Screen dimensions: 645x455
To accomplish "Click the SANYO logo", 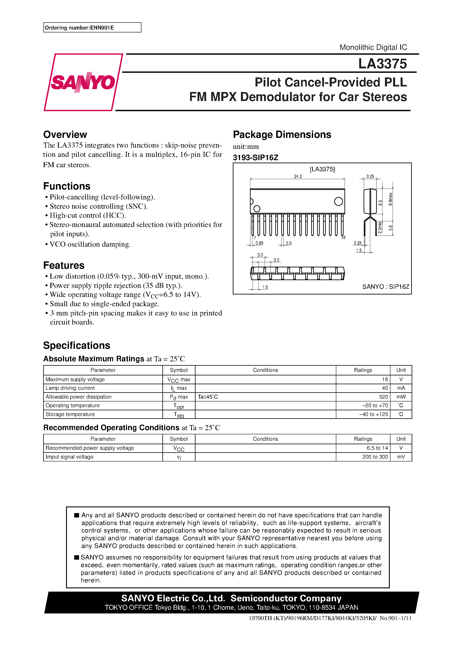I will pyautogui.click(x=83, y=82).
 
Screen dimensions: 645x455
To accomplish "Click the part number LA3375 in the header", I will pyautogui.click(x=382, y=64).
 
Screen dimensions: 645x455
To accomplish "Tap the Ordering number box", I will pyautogui.click(x=92, y=28).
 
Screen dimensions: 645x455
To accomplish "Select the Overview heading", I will pyautogui.click(x=65, y=135).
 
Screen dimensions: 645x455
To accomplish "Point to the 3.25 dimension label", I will pyautogui.click(x=370, y=176).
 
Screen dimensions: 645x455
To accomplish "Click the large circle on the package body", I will pyautogui.click(x=338, y=201).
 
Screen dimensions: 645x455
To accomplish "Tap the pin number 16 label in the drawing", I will pyautogui.click(x=343, y=238).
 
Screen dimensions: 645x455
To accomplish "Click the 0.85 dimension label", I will pyautogui.click(x=259, y=243).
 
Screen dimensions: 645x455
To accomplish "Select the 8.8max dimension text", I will pyautogui.click(x=391, y=199).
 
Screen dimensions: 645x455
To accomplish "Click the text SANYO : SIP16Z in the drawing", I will pyautogui.click(x=385, y=287).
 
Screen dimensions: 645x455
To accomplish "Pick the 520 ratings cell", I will pyautogui.click(x=383, y=397).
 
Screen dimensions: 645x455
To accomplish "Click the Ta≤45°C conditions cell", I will pyautogui.click(x=208, y=397).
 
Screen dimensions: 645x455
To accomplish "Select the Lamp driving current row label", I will pyautogui.click(x=70, y=388).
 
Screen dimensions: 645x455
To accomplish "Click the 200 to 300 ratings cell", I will pyautogui.click(x=375, y=457).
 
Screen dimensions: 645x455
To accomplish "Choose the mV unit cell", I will pyautogui.click(x=401, y=457).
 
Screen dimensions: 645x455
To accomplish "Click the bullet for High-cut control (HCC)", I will pyautogui.click(x=46, y=216).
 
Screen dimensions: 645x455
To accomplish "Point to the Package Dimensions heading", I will pyautogui.click(x=282, y=135).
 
